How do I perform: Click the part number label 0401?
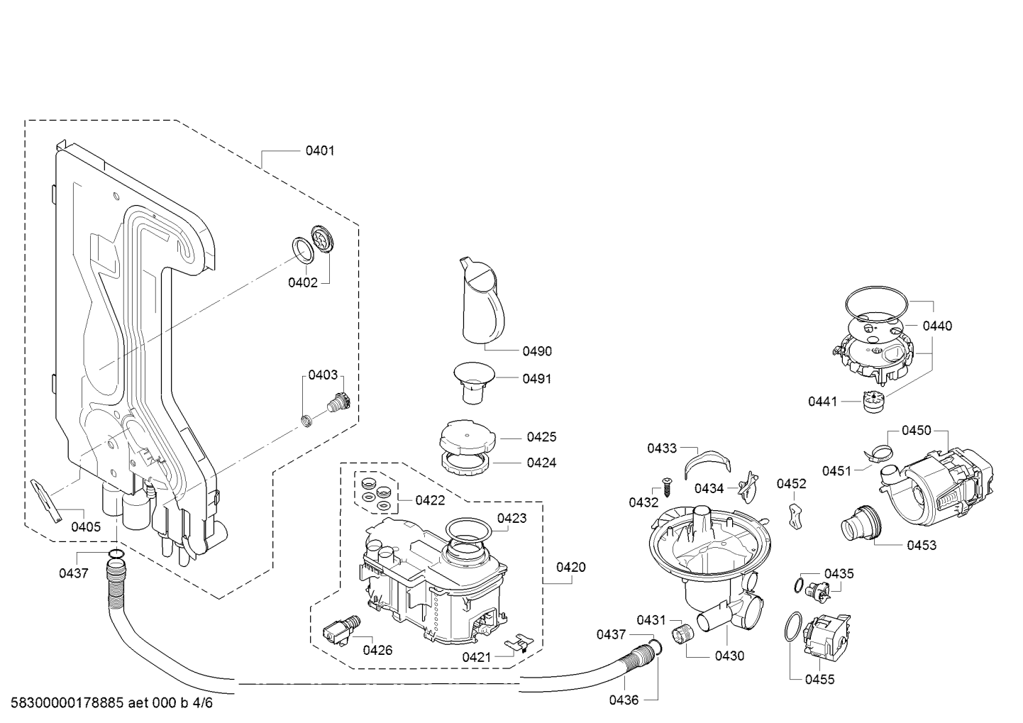[x=320, y=150]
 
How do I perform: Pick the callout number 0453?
[x=921, y=545]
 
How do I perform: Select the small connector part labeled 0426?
[x=339, y=629]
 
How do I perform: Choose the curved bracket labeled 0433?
[x=707, y=465]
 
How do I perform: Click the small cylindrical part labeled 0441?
[x=871, y=402]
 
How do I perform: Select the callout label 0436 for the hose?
[x=624, y=700]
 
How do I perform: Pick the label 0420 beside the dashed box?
[x=570, y=567]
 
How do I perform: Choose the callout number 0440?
[x=937, y=326]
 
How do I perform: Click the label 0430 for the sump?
[x=730, y=656]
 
